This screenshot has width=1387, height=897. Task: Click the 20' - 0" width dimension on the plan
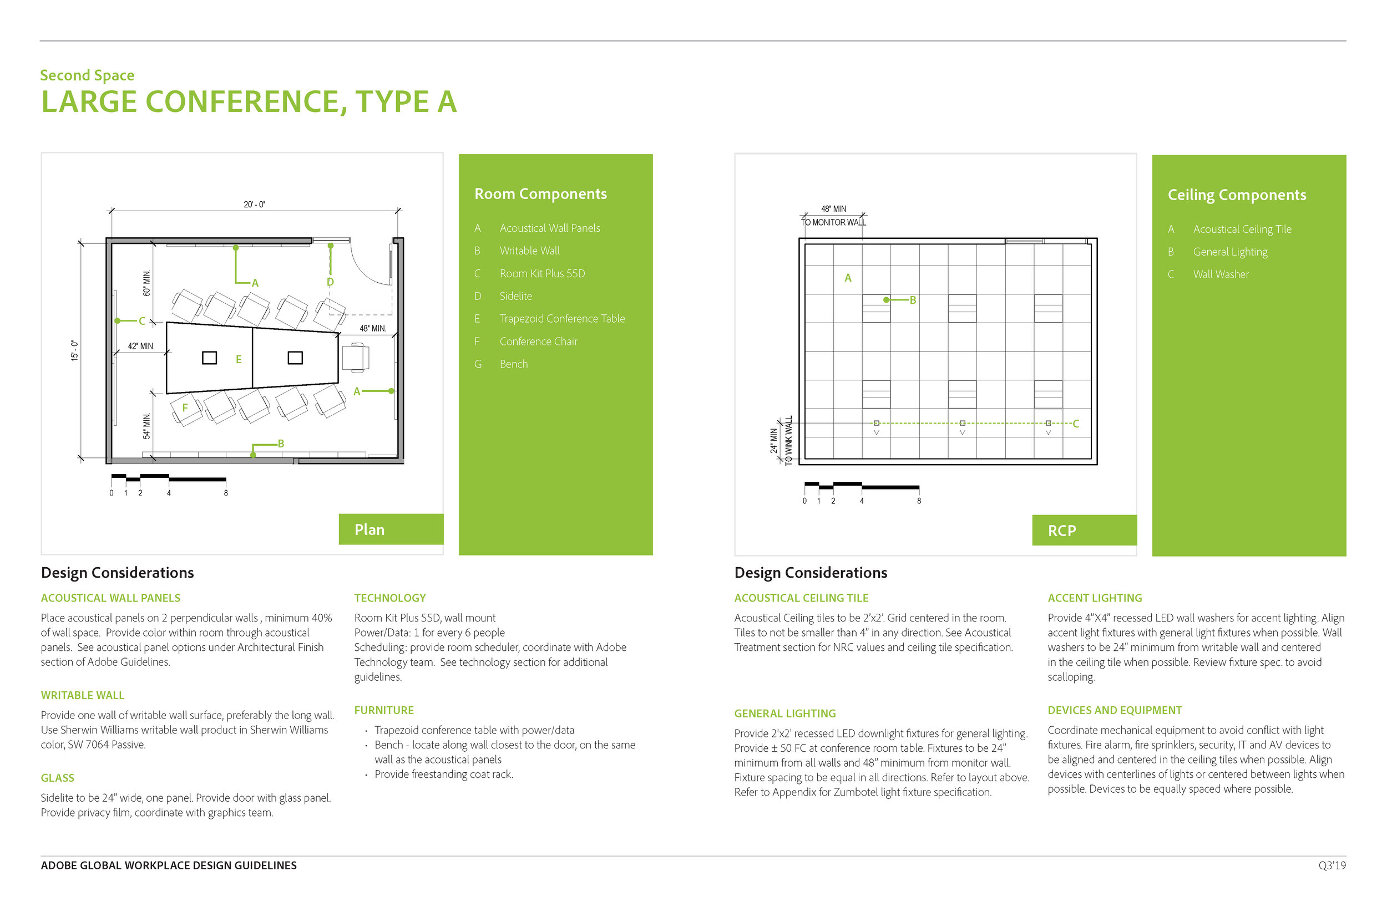click(254, 205)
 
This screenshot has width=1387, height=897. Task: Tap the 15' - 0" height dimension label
click(74, 350)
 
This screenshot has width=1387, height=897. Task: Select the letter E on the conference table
click(239, 359)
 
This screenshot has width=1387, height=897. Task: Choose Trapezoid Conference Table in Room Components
click(561, 319)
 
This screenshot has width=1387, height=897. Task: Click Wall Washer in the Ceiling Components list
click(1221, 274)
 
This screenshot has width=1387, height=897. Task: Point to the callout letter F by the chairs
click(185, 407)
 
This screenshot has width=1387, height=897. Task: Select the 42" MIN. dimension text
click(141, 346)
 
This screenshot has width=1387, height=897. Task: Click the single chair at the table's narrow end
click(356, 357)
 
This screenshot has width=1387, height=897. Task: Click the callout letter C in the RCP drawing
click(1075, 424)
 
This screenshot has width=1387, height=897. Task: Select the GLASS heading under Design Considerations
click(57, 778)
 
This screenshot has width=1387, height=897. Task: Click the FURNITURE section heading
click(383, 710)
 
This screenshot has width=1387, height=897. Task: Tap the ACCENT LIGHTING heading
click(1094, 598)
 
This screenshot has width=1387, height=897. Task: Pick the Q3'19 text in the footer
click(1332, 865)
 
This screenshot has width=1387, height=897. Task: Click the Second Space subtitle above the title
click(87, 75)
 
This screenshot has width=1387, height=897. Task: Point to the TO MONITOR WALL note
click(833, 222)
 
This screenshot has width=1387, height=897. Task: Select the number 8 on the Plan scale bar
click(226, 493)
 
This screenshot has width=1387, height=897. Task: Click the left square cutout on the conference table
click(209, 358)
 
